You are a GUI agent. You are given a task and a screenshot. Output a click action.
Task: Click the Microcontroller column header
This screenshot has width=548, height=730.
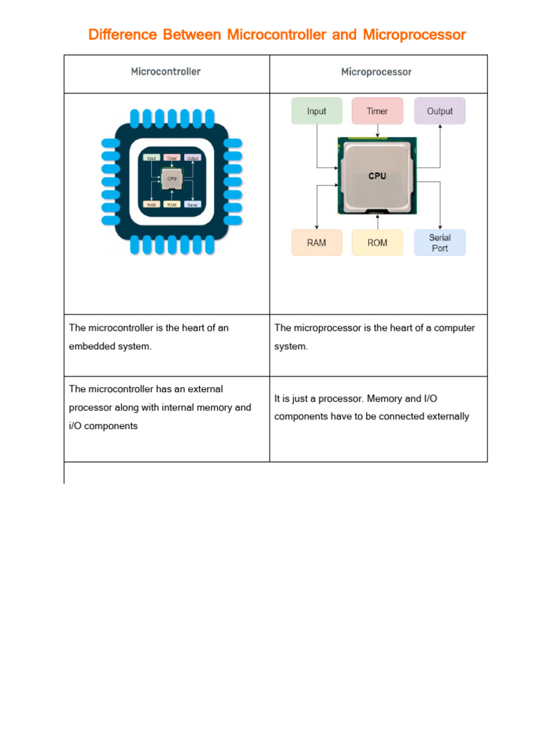coord(166,72)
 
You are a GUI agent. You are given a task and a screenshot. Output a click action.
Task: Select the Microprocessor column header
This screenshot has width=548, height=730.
coord(376,72)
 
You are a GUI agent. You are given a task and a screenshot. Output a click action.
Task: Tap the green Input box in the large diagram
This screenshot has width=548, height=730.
coord(316,111)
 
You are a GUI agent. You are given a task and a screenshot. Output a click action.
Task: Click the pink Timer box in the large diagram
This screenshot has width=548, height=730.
coord(377,111)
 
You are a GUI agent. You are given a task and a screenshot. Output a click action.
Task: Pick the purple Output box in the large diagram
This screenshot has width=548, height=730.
coord(440,111)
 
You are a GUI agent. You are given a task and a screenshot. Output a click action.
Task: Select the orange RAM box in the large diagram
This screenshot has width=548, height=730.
coord(316,242)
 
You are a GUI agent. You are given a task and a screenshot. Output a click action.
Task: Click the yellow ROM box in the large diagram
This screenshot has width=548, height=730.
coord(377,242)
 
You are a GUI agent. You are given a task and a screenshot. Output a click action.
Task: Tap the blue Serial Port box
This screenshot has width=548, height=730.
coord(440,242)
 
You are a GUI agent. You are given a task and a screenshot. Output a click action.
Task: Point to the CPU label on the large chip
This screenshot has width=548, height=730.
coord(377,176)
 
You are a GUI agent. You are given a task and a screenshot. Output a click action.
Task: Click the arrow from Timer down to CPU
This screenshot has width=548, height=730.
coord(377,131)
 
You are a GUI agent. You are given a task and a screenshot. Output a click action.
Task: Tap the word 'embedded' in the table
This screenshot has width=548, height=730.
coord(92,346)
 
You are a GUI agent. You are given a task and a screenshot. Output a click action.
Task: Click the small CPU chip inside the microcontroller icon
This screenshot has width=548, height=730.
coord(171,180)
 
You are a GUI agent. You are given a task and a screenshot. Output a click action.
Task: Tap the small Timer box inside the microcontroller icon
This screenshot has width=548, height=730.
coord(171,158)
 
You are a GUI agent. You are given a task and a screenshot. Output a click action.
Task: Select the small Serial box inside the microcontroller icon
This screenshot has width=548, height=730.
coord(192,204)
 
